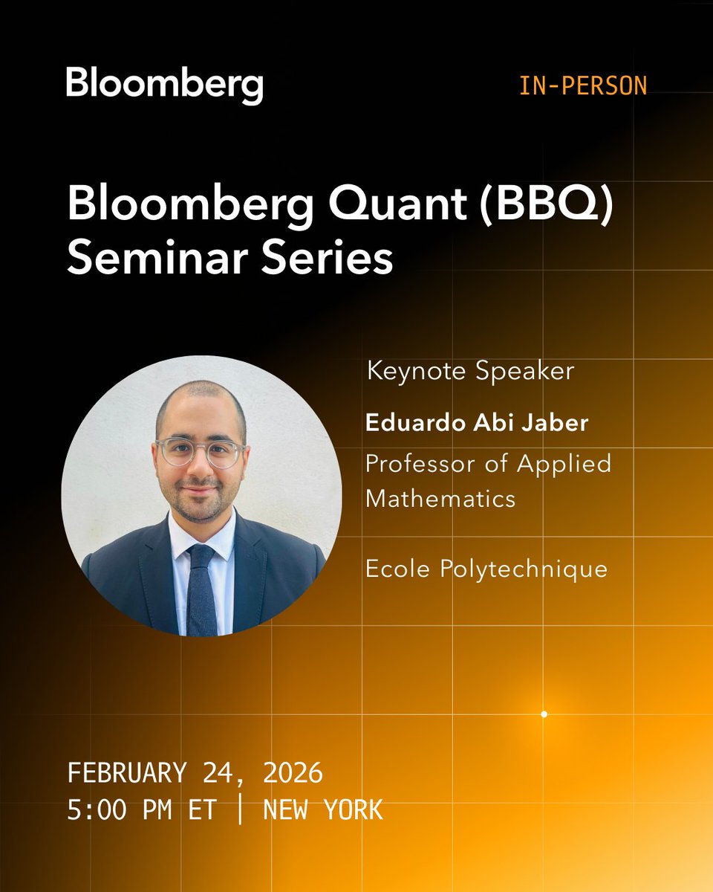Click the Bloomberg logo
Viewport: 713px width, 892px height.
pyautogui.click(x=164, y=85)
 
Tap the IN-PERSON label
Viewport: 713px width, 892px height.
pyautogui.click(x=583, y=86)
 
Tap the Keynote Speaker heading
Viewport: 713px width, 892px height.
pyautogui.click(x=471, y=371)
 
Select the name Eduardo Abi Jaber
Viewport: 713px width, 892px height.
pyautogui.click(x=477, y=423)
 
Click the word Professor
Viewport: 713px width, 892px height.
pyautogui.click(x=425, y=463)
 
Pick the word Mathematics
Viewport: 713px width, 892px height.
pyautogui.click(x=440, y=498)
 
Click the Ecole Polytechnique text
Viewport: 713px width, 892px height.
pyautogui.click(x=486, y=569)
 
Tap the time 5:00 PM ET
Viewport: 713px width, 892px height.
pyautogui.click(x=141, y=809)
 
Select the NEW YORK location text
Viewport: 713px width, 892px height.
pyautogui.click(x=323, y=809)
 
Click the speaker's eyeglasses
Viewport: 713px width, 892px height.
pyautogui.click(x=201, y=452)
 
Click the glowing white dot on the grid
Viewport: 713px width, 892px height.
pyautogui.click(x=544, y=714)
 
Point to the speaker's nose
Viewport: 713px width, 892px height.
pyautogui.click(x=200, y=468)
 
